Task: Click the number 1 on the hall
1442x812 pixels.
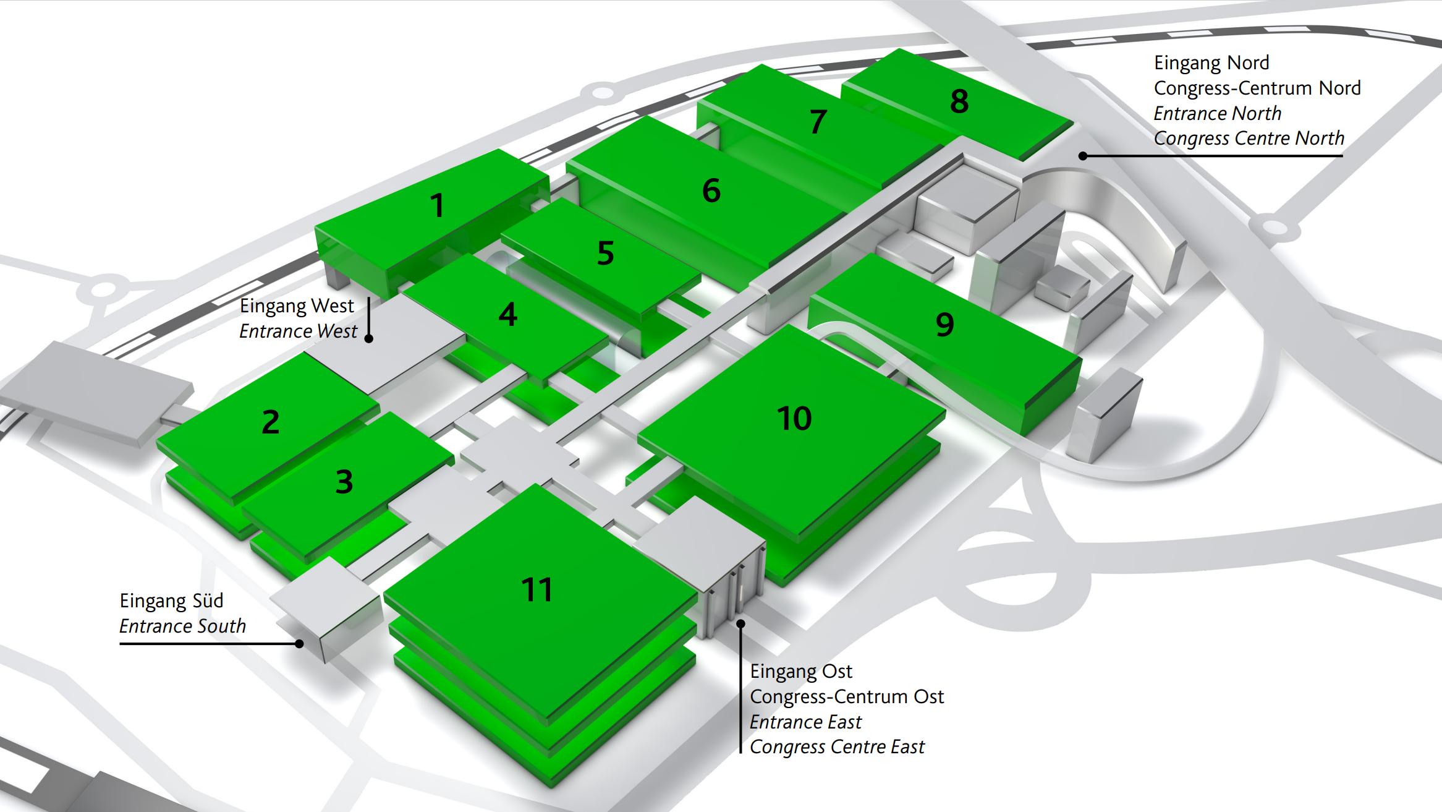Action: click(438, 205)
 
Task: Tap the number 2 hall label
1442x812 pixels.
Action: click(271, 422)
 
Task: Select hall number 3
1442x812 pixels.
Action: click(344, 482)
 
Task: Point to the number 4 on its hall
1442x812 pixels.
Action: click(507, 315)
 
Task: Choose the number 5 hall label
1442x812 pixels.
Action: click(606, 253)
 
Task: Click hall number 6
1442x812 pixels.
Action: click(711, 190)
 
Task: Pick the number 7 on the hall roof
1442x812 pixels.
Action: click(818, 122)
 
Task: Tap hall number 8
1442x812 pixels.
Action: click(959, 101)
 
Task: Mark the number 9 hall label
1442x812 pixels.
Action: click(944, 325)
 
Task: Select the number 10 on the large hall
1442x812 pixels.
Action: click(794, 419)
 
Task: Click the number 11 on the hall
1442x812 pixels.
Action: click(537, 589)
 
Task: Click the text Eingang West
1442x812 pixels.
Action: click(297, 306)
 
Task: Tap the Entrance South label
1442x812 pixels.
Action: click(182, 626)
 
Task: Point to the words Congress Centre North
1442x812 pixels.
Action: click(1249, 139)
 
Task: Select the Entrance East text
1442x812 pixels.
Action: click(805, 722)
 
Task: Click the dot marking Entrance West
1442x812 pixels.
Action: click(369, 338)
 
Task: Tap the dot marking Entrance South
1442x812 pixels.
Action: click(300, 644)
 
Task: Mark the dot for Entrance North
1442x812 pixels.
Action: click(1083, 156)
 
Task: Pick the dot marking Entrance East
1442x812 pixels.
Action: click(740, 623)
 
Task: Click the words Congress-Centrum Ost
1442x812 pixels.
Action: click(847, 697)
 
